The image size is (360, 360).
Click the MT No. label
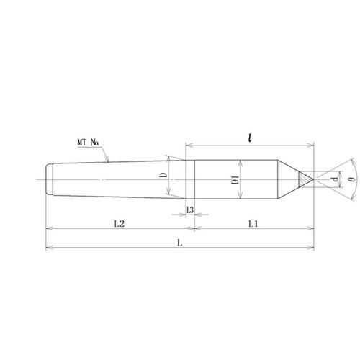[x=88, y=143]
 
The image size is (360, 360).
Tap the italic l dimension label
[x=250, y=138]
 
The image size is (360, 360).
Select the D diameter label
[x=163, y=175]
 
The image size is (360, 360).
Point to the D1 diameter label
[x=235, y=180]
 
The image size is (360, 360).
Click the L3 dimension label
[x=190, y=210]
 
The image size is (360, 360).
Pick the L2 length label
[x=119, y=224]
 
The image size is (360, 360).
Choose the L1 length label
[x=253, y=224]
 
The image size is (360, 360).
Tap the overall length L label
[x=180, y=243]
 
